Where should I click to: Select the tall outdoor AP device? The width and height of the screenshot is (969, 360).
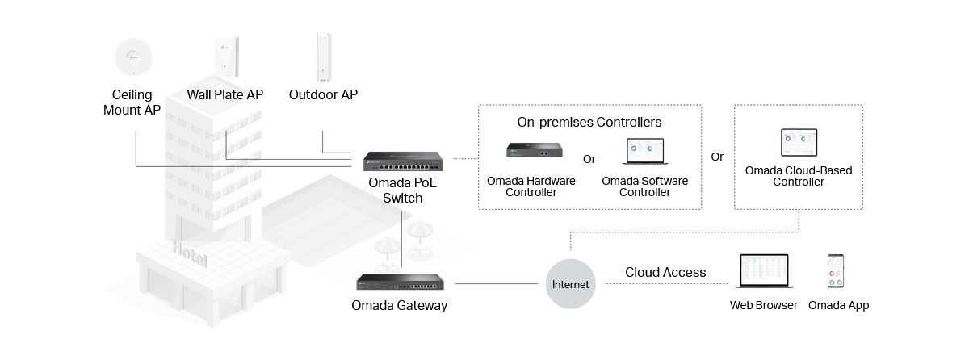323,57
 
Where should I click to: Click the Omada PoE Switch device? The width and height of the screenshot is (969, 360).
402,161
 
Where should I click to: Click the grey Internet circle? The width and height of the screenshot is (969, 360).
571,284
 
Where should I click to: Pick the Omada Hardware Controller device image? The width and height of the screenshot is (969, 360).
535,150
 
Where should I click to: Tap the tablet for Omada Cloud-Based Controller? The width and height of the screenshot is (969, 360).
799,144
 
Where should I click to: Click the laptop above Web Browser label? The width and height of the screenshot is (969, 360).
763,273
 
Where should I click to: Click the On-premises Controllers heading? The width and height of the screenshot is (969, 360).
589,123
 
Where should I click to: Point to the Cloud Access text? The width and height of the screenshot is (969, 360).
665,273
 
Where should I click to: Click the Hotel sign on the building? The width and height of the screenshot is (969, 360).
189,255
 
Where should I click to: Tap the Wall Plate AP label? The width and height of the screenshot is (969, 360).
225,94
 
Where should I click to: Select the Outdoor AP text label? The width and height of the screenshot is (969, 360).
323,94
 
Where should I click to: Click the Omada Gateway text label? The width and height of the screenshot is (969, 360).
399,306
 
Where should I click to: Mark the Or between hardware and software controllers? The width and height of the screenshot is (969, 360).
589,158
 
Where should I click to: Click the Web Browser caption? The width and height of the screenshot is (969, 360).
763,306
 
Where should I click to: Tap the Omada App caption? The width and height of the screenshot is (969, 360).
838,306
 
